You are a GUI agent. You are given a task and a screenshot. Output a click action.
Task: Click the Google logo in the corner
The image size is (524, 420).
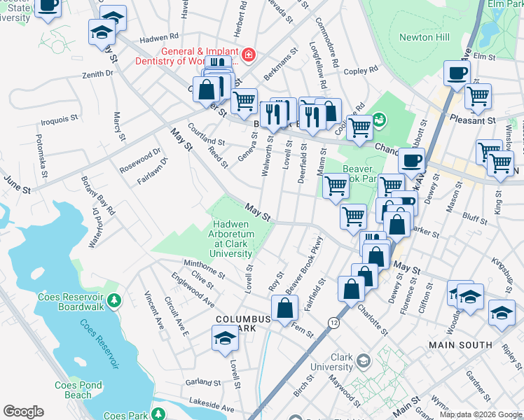[23, 412]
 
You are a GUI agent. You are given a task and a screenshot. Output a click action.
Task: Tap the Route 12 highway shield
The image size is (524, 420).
[333, 321]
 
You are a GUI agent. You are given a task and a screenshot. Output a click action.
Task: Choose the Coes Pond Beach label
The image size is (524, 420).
[79, 390]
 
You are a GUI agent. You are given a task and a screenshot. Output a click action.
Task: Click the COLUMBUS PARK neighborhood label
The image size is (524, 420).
[242, 324]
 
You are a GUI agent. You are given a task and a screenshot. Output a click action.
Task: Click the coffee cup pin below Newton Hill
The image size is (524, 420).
[457, 73]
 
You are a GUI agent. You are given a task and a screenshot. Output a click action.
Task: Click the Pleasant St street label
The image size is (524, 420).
[472, 120]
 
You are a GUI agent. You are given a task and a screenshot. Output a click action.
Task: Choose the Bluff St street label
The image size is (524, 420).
[474, 220]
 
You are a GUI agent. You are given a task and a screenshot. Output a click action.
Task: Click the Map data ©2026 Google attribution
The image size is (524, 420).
[480, 414]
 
